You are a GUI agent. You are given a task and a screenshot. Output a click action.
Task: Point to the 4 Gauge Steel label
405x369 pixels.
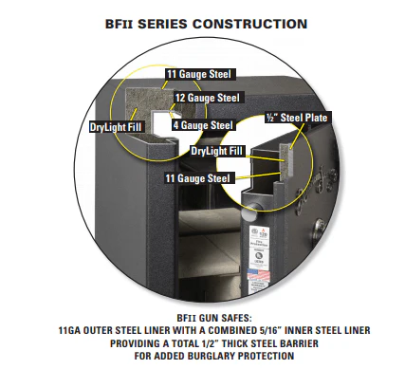(x=201, y=123)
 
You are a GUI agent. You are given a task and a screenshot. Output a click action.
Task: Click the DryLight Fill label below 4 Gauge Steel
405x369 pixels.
(x=216, y=150)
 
